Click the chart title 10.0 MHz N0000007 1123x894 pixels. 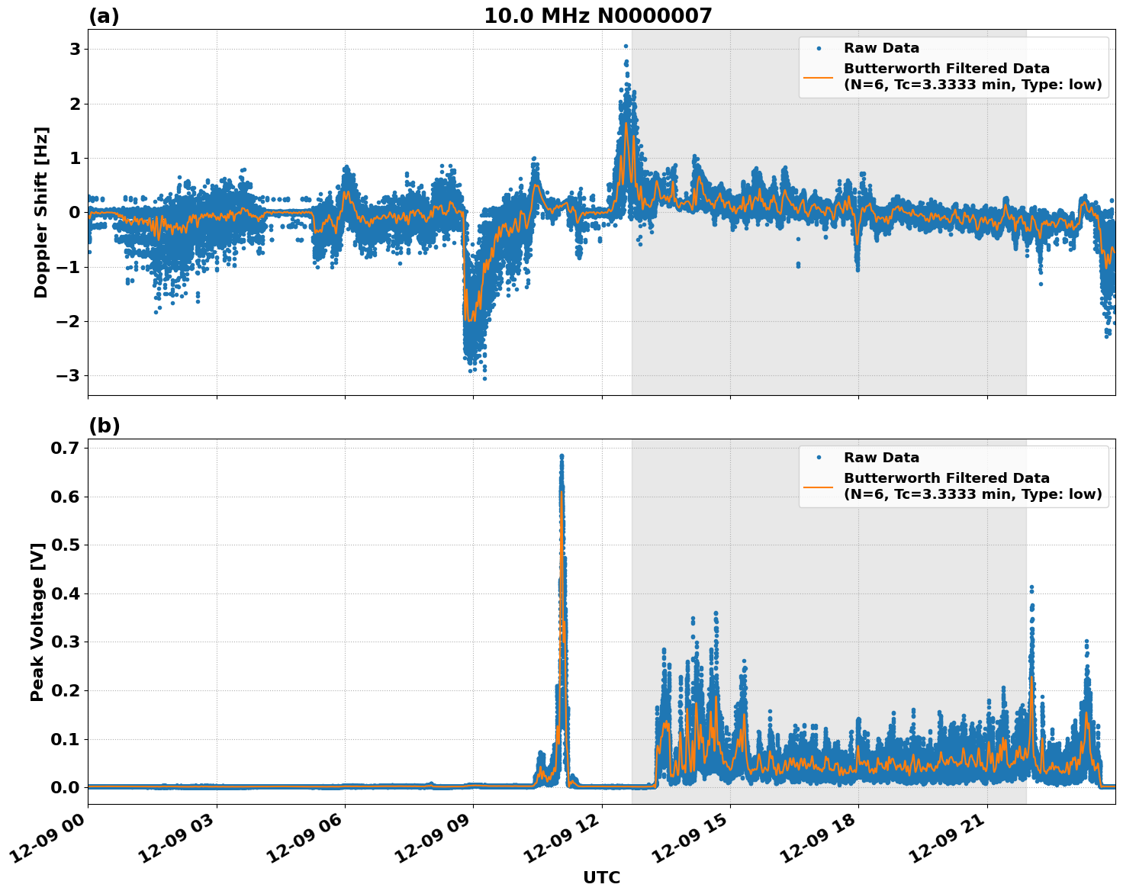[597, 16]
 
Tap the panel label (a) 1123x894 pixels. [104, 16]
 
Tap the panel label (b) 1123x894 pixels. [104, 426]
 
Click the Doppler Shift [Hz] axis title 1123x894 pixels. [41, 212]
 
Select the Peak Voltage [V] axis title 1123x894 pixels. [37, 622]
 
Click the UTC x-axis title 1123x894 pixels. [601, 877]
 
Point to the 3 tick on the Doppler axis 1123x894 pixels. [75, 49]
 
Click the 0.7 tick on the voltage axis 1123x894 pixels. [65, 448]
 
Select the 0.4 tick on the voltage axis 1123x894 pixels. [65, 593]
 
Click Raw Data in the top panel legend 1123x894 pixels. [881, 49]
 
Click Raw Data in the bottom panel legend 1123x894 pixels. [881, 458]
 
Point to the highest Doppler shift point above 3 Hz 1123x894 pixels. [626, 47]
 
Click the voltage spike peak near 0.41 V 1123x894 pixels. [1031, 587]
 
